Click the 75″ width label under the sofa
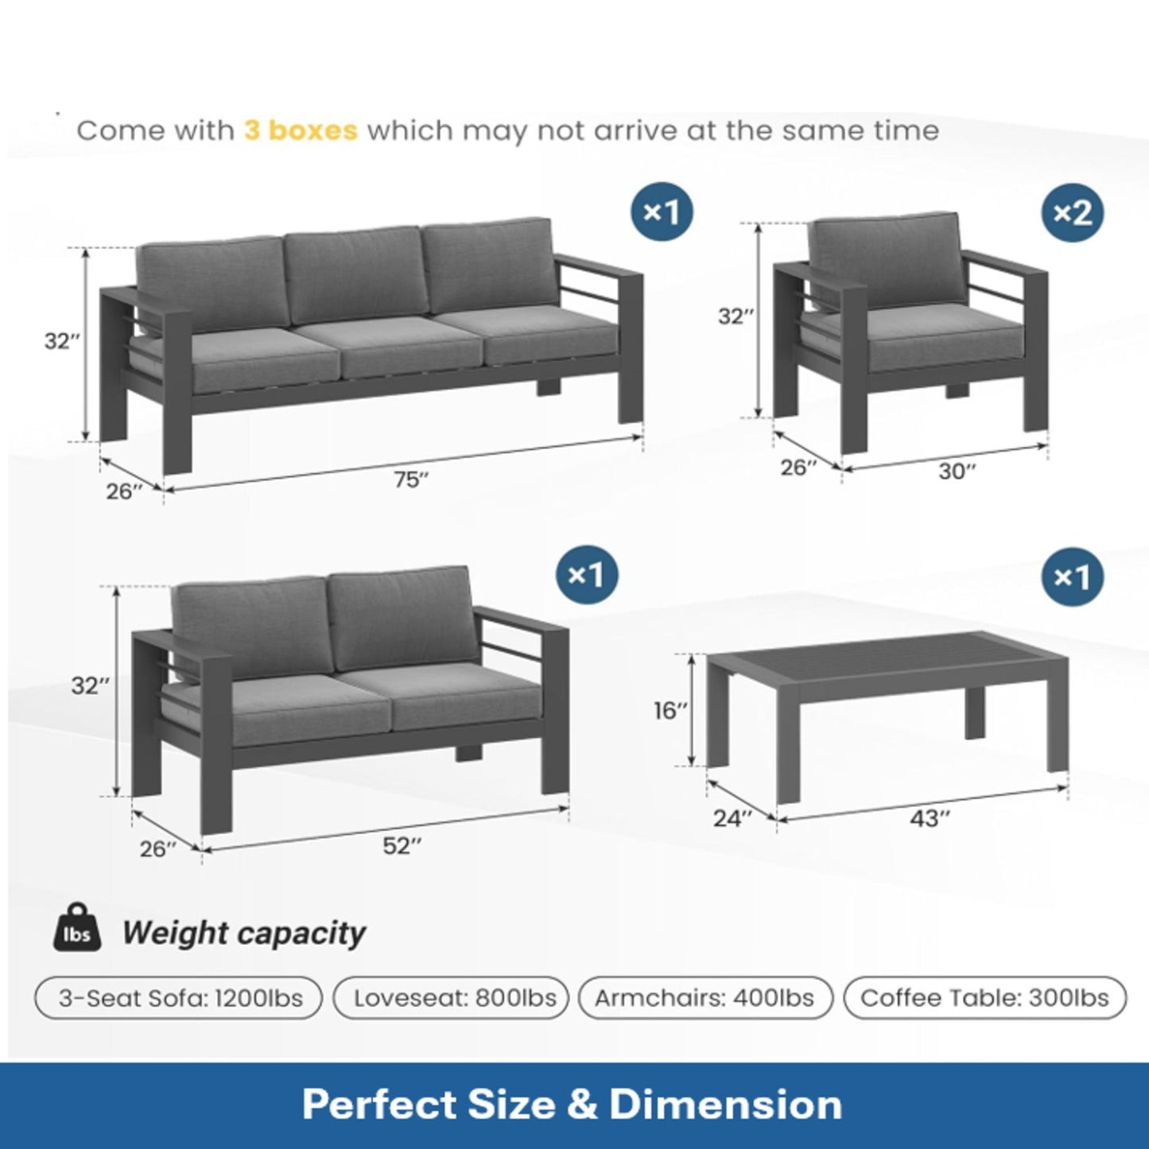pos(411,480)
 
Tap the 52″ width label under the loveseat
pos(402,846)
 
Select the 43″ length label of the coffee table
pos(930,818)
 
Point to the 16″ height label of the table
pos(670,710)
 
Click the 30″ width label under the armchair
pos(957,472)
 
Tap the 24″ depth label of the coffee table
pos(732,818)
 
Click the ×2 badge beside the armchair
pos(1073,212)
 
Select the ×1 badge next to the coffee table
pos(1073,577)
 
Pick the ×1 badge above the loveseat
pos(587,575)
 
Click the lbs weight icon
pos(77,928)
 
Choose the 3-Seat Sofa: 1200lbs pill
pos(179,998)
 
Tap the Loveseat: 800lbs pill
pos(452,998)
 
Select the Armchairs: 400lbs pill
pos(705,998)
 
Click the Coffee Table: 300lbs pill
pos(984,998)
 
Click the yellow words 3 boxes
pos(301,130)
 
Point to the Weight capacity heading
pos(243,933)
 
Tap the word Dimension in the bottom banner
pos(725,1104)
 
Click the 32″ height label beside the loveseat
pos(90,685)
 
